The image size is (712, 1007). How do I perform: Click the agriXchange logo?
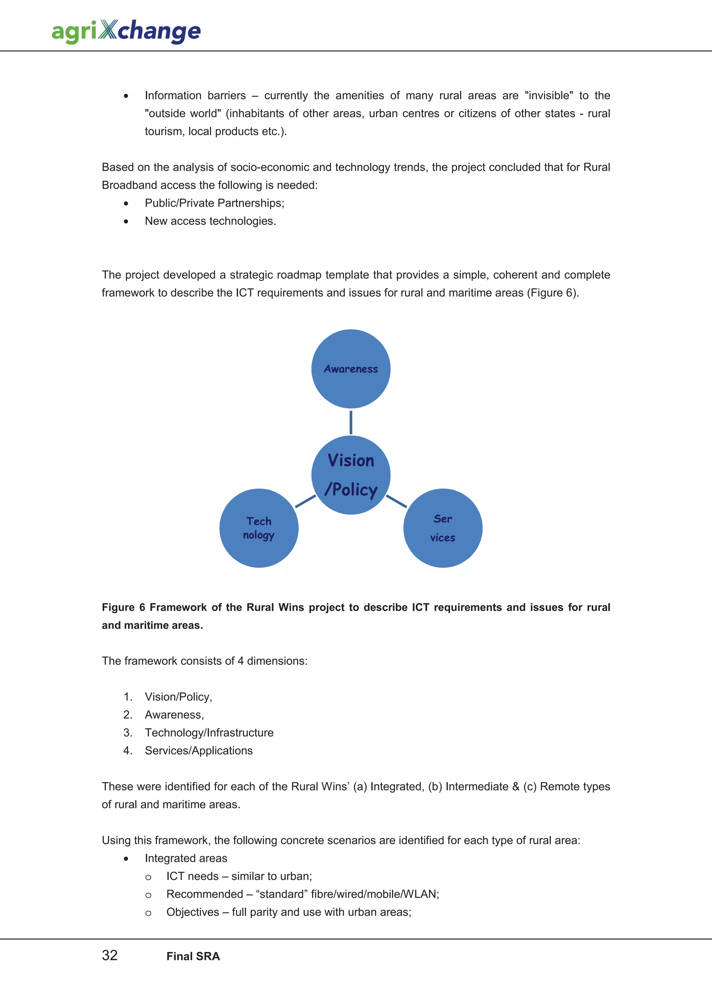126,31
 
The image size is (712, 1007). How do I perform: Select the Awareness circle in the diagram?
350,369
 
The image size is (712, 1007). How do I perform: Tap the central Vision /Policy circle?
350,475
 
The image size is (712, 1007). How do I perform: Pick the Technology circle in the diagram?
259,528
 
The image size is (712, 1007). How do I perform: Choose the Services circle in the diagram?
443,528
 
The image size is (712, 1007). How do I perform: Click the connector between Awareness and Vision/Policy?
350,422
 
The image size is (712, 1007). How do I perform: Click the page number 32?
110,955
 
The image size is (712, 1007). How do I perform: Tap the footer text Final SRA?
193,956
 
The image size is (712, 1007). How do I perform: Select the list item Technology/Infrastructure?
209,732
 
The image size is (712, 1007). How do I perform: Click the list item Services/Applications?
199,751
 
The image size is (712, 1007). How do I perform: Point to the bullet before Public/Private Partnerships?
126,204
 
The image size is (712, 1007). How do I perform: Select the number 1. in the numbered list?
128,697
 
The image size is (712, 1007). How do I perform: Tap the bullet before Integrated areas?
126,859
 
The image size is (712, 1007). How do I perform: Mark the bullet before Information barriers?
126,96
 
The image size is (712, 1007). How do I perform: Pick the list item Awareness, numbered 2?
174,715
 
